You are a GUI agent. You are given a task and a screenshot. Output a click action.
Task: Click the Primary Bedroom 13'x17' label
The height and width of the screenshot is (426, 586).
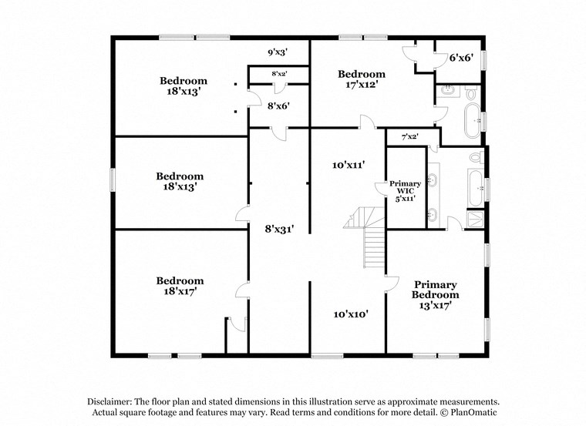tap(435, 295)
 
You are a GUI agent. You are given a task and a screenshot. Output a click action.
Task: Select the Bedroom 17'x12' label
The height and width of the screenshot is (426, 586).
tap(362, 79)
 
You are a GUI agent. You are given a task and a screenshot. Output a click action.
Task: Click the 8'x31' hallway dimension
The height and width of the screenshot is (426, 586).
tap(278, 228)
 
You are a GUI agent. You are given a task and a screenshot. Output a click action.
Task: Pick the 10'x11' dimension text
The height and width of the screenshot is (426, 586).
tap(347, 164)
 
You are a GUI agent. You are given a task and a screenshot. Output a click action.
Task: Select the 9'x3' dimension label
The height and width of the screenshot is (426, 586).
tap(278, 52)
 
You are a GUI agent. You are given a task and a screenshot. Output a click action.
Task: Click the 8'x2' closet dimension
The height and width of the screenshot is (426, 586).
tap(278, 74)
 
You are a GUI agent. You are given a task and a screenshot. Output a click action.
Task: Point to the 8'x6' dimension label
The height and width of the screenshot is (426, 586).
tap(278, 106)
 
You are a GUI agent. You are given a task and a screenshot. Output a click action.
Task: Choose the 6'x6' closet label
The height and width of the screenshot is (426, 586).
tap(460, 57)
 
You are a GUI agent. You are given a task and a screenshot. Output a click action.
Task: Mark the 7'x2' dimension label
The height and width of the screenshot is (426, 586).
tap(409, 137)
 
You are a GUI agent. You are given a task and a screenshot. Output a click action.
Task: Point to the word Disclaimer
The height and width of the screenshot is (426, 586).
tap(108, 402)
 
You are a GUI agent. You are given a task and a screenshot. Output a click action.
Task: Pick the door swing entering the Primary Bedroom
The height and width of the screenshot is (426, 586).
tap(392, 283)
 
